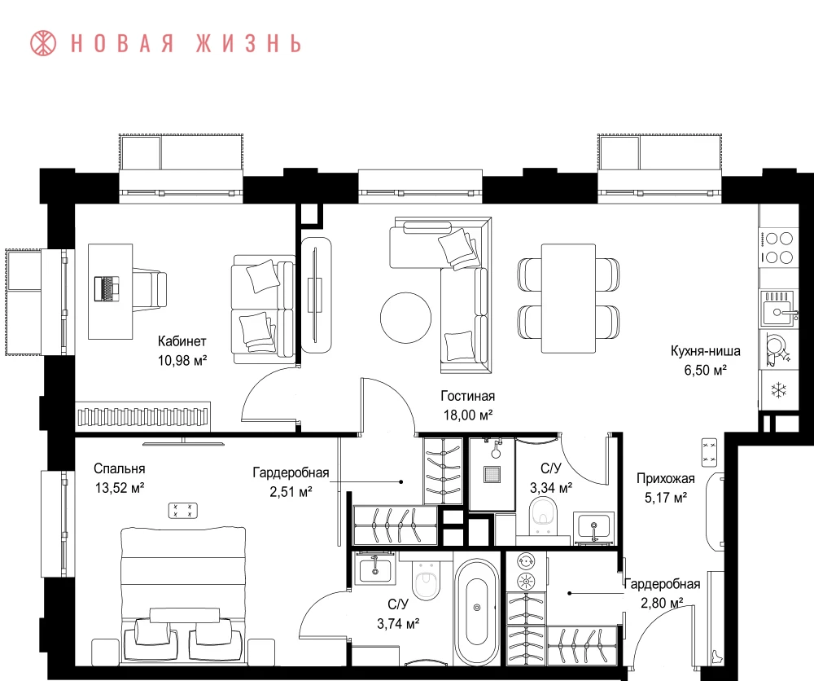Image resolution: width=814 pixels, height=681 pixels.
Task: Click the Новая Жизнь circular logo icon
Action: (x=43, y=43)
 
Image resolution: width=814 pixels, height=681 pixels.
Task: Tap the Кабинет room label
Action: (x=182, y=341)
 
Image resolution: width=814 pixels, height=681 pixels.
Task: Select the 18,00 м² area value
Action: (x=467, y=415)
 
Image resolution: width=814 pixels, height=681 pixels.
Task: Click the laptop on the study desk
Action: (x=107, y=289)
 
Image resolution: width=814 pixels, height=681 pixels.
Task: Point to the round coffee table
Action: (x=405, y=318)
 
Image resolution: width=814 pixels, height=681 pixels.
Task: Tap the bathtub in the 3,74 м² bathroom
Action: (x=477, y=607)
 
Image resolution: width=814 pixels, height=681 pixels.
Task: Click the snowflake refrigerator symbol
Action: (x=779, y=390)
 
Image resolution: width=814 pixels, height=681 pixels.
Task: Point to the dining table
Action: (x=568, y=298)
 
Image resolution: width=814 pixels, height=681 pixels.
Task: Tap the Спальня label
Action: (x=120, y=468)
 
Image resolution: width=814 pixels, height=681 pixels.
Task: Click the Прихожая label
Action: (x=666, y=478)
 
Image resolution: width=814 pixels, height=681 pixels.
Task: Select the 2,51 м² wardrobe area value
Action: (x=291, y=491)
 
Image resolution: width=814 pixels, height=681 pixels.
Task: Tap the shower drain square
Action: (x=492, y=474)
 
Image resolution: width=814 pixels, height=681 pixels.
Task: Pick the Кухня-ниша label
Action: (x=705, y=351)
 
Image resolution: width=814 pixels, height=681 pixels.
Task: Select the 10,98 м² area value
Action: (x=182, y=360)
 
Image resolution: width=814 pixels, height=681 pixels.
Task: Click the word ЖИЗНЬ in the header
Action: (x=248, y=44)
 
